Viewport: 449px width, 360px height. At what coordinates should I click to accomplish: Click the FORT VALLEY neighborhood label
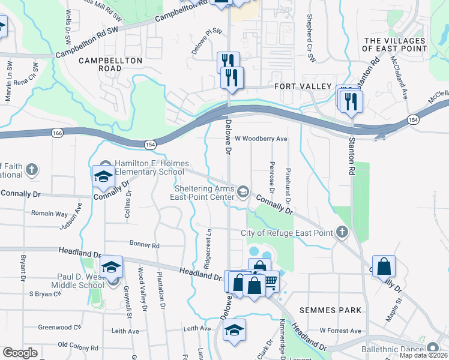click(x=303, y=87)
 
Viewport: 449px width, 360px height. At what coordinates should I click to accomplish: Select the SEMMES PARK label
click(x=332, y=310)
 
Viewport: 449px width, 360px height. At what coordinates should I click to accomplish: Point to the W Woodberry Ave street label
click(x=261, y=139)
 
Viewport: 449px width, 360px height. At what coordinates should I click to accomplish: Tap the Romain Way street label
click(x=49, y=213)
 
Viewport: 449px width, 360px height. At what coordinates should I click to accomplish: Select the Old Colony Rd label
click(x=77, y=347)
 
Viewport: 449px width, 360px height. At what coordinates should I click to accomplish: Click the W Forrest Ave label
click(x=340, y=331)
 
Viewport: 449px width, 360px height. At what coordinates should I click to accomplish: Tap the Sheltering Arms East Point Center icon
click(x=243, y=191)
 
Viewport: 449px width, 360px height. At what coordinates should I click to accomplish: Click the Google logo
click(x=20, y=353)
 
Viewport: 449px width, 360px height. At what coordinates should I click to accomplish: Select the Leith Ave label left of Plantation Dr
click(x=125, y=331)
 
